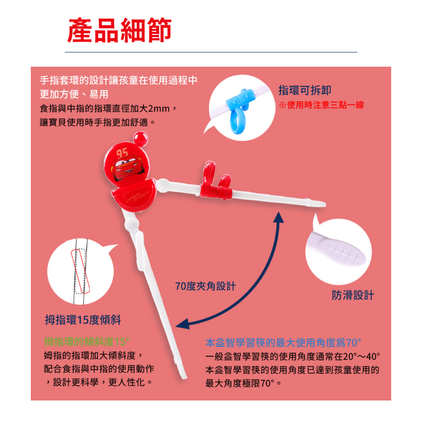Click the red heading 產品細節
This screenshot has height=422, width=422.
[x=119, y=30]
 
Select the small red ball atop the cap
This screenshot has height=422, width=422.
[x=141, y=138]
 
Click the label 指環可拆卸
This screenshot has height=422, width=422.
[x=305, y=90]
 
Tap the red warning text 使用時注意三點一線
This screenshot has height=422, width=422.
[x=325, y=105]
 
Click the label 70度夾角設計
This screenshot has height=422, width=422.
[x=206, y=286]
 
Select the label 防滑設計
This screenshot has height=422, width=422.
[x=353, y=295]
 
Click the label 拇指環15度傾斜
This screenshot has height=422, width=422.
[x=83, y=320]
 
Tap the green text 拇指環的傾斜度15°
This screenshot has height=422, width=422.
[x=87, y=342]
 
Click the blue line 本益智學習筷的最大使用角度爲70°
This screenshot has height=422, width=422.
[x=283, y=343]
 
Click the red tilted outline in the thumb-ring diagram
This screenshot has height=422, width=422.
[x=80, y=271]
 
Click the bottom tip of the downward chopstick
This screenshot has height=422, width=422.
[x=185, y=377]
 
